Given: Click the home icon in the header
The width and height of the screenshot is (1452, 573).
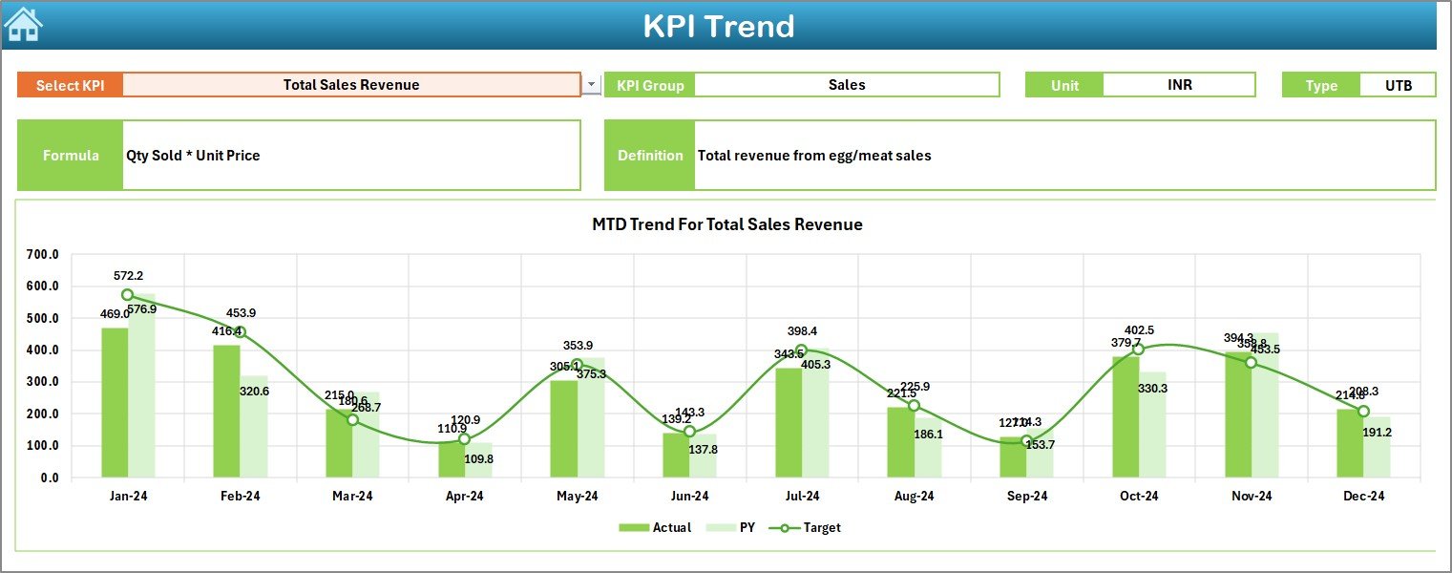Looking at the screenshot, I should point(23,24).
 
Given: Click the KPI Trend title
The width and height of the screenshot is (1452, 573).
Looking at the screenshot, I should point(719,26).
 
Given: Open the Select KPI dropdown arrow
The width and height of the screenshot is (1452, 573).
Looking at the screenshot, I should point(591,85).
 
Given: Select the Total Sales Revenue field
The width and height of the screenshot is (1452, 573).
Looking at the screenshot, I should point(351,85).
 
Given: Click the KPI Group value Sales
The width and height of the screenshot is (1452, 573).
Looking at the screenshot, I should point(847,85).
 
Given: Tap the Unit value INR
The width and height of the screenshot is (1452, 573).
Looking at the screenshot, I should point(1179,85).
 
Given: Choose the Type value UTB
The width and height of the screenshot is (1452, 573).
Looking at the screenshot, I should point(1399,85).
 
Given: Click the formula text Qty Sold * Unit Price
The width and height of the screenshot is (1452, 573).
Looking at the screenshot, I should point(193,156).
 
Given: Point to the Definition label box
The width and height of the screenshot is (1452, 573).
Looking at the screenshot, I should point(650,156).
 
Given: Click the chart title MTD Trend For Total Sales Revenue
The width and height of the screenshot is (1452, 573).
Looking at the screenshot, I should point(727,224).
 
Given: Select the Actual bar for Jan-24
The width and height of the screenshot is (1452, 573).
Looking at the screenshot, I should point(115,402).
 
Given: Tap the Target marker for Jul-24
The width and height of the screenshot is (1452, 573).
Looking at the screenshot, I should point(802,350).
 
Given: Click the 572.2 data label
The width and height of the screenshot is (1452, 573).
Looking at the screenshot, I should point(128,275).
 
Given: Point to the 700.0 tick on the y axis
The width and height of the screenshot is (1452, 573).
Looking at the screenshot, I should point(42,255).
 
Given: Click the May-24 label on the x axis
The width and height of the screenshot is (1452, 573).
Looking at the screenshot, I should point(577,496).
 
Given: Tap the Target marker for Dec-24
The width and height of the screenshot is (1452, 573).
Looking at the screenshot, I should point(1363,411).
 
